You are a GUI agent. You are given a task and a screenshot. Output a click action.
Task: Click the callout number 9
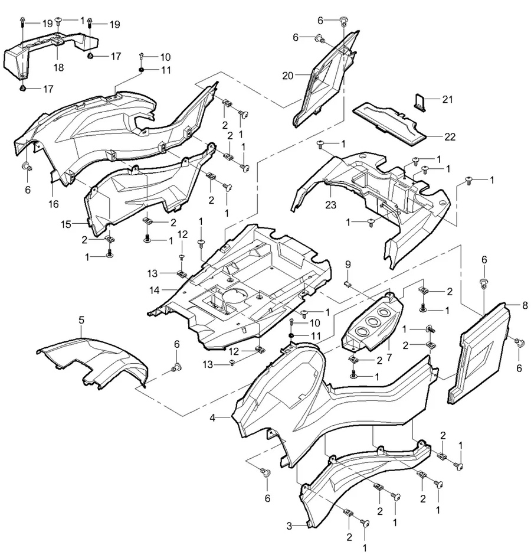pos(348,263)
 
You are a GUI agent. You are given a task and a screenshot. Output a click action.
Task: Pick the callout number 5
pos(81,319)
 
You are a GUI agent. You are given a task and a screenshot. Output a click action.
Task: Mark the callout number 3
pos(290,525)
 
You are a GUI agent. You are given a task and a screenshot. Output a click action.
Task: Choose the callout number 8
pos(525,305)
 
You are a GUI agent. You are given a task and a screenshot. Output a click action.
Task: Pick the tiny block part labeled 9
pos(348,283)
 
